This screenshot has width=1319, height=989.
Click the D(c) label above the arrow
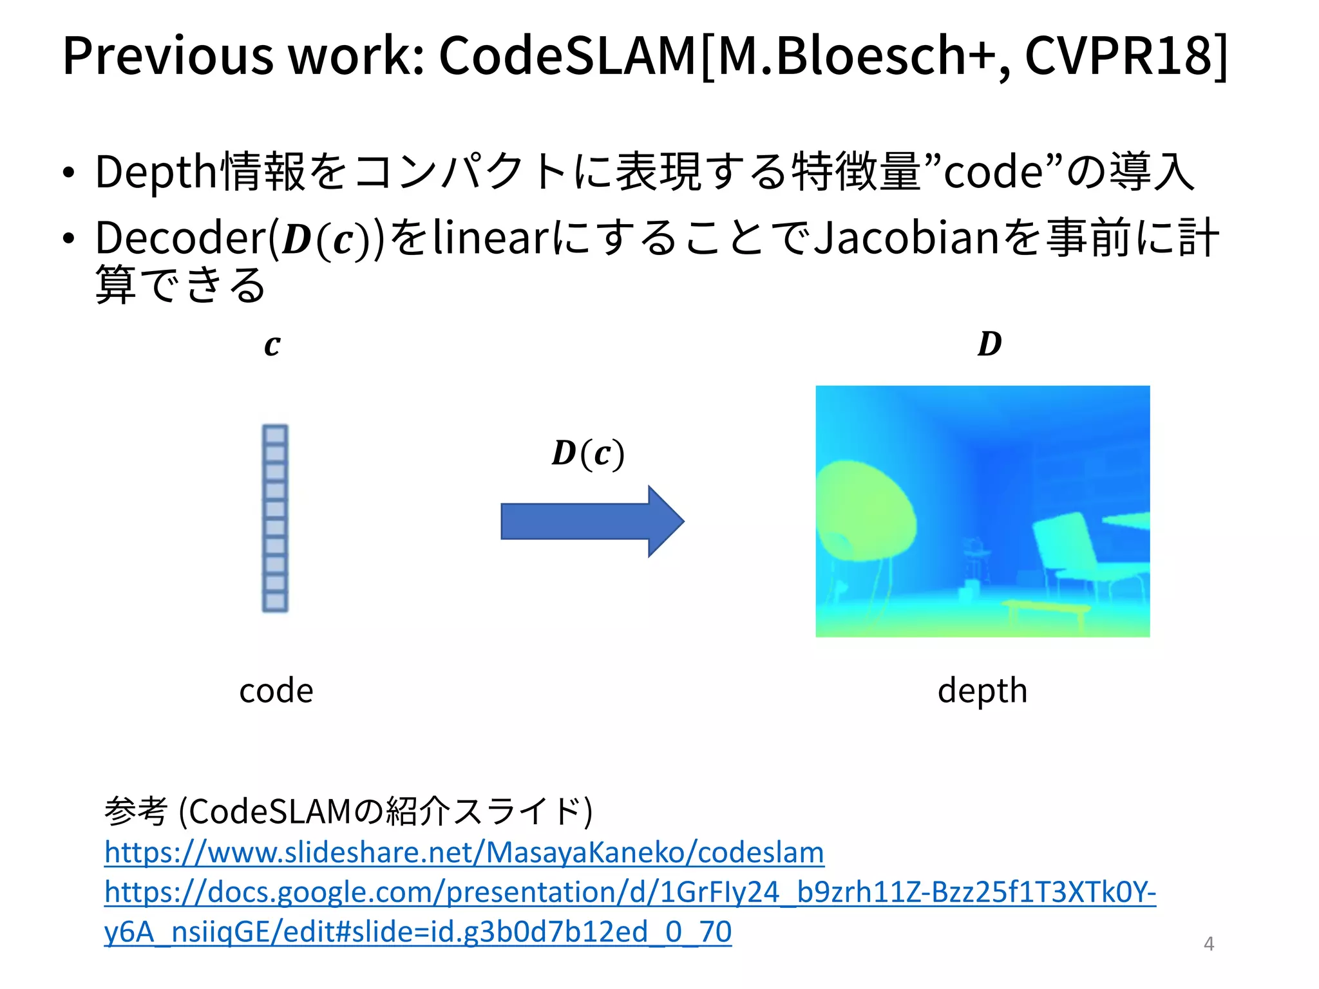click(587, 453)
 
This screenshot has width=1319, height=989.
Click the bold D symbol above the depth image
click(989, 344)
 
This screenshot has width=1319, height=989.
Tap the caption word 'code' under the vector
click(276, 691)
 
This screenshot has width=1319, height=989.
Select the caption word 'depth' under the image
click(982, 691)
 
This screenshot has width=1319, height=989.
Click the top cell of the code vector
click(275, 435)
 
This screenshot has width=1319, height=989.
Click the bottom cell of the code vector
click(275, 602)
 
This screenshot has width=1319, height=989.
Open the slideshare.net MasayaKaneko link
click(464, 852)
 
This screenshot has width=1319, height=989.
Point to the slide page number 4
click(1209, 944)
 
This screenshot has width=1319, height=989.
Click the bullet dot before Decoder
click(68, 239)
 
